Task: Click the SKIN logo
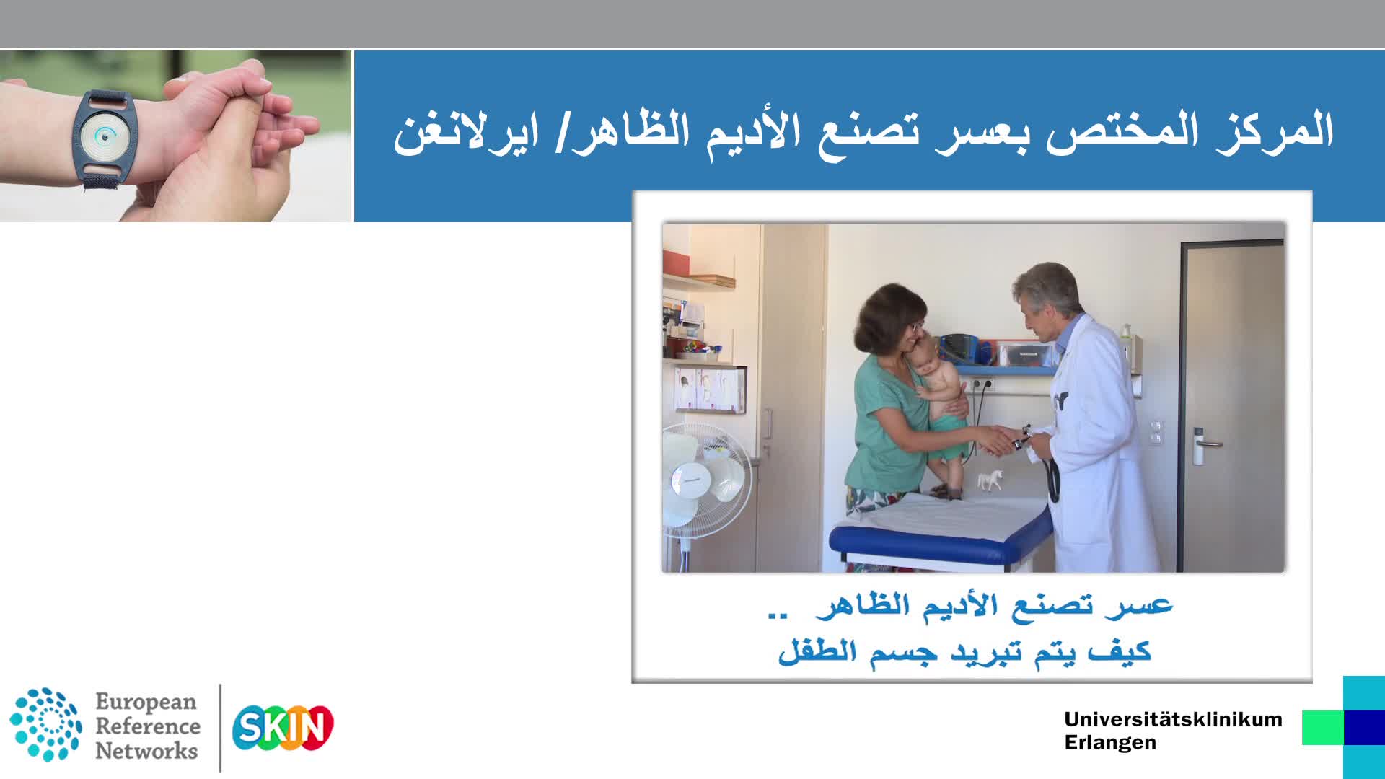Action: coord(282,728)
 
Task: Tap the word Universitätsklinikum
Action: coord(1173,719)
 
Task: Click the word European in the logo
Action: coord(146,702)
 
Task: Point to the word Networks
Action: coord(146,751)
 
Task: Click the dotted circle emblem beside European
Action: coord(45,724)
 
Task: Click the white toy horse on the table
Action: coord(990,480)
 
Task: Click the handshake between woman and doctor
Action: coord(998,439)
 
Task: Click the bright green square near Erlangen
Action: coord(1323,727)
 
